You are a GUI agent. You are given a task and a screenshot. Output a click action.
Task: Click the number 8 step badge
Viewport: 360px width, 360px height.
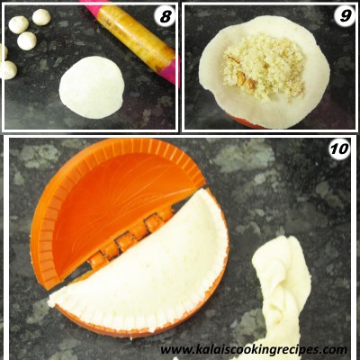(166, 17)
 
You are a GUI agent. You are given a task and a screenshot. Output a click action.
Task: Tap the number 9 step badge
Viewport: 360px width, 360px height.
(345, 15)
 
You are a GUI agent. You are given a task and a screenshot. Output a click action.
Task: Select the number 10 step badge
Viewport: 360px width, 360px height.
(339, 148)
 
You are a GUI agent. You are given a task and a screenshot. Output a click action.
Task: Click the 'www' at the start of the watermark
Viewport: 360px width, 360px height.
(175, 350)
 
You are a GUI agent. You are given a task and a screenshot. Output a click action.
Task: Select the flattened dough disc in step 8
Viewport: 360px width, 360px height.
(92, 87)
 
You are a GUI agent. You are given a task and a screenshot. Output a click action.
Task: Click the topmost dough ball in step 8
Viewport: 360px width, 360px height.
(41, 17)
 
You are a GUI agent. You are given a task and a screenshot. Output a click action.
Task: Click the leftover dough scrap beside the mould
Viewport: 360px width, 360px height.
(281, 288)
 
